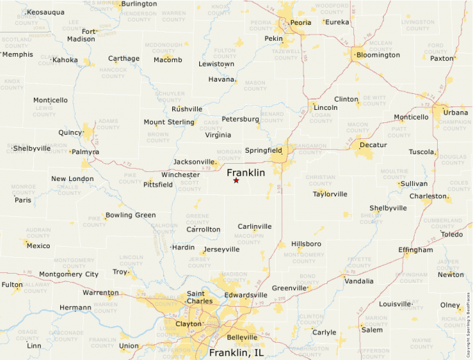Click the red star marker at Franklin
(x=236, y=180)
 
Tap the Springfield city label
(x=263, y=150)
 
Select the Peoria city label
(x=301, y=23)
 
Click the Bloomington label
(x=377, y=55)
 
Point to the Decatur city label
(x=373, y=145)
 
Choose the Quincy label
(x=70, y=132)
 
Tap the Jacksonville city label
(x=194, y=162)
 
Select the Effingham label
(x=416, y=250)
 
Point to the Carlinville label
(x=254, y=226)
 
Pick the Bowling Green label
(x=131, y=215)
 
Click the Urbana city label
(x=456, y=112)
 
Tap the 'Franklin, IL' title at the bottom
(x=236, y=352)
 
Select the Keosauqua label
(x=45, y=12)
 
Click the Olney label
(x=450, y=305)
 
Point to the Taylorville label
(x=330, y=194)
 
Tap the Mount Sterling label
(x=169, y=122)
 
